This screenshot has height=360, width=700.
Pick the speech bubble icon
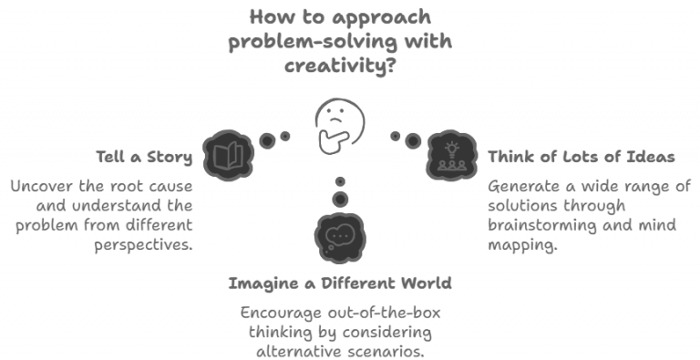339,234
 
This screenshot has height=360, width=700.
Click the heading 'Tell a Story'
146,157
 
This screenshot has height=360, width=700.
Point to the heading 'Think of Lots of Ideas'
581,157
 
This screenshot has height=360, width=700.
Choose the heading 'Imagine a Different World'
341,283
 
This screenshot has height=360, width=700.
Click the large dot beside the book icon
267,140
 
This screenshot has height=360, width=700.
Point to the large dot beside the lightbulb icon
413,140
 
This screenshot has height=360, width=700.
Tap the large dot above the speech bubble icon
340,198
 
